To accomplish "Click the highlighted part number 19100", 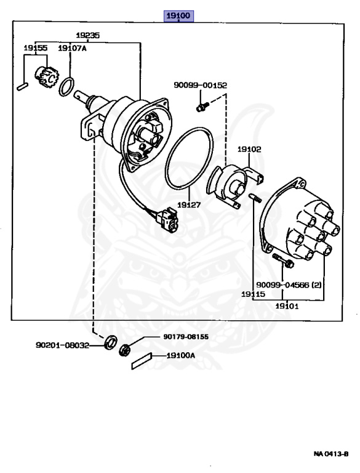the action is click(x=178, y=15).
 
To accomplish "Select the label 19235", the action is click(x=88, y=35).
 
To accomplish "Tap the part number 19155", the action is click(x=36, y=48).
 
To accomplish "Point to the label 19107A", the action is click(x=72, y=48).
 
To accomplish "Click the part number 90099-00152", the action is click(x=200, y=86).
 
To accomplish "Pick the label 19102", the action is click(x=249, y=149).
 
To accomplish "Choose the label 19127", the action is click(x=189, y=205).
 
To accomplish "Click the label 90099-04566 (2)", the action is click(x=289, y=285).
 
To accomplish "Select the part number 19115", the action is click(x=254, y=294).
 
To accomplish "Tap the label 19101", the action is click(x=287, y=306).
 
